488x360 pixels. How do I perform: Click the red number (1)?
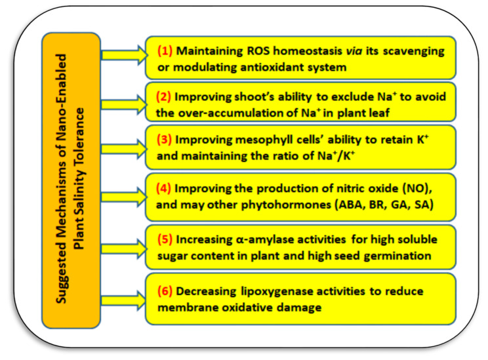pos(165,50)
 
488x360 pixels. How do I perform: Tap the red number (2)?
pos(163,97)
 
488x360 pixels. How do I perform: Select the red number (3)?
pos(165,140)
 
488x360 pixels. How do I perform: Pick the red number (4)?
pos(163,189)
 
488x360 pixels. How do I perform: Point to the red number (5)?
pos(165,239)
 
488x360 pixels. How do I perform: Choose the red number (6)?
pos(165,291)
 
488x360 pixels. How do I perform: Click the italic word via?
pos(354,50)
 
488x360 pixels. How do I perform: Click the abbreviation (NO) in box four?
pos(417,189)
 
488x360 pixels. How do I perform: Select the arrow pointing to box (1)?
pos(125,55)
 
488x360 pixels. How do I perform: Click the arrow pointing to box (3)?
pos(125,148)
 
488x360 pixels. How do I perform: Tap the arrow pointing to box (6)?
pos(124,300)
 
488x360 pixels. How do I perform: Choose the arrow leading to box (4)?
pos(125,197)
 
